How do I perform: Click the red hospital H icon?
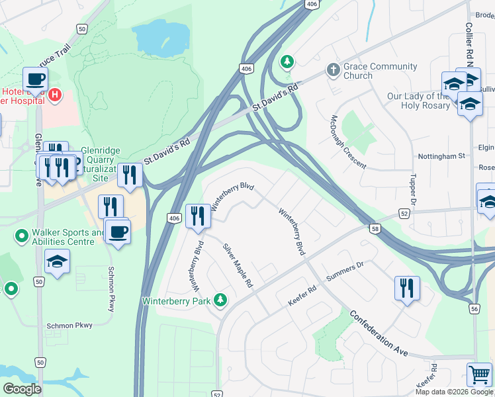[x=55, y=95]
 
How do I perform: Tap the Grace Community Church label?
[x=380, y=71]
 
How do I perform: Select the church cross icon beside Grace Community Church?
[x=333, y=69]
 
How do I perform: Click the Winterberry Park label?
[x=175, y=301]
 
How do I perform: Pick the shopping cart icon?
[x=479, y=375]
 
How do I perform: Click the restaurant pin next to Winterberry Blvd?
[x=198, y=215]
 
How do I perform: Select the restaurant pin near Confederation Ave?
[x=407, y=288]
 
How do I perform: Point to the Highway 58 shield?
[x=375, y=229]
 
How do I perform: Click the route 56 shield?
[x=474, y=308]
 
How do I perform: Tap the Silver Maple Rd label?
[x=238, y=265]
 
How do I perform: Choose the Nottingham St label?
[x=441, y=156]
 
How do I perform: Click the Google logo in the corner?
[x=22, y=389]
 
